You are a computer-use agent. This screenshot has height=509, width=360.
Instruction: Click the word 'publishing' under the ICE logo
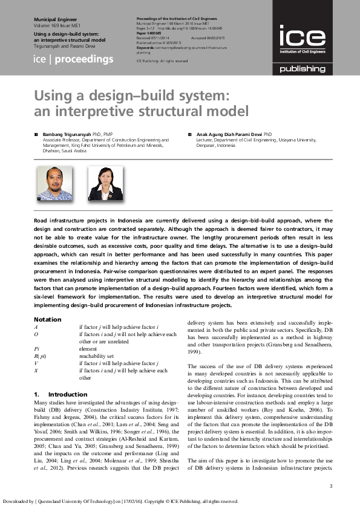pyautogui.click(x=302, y=69)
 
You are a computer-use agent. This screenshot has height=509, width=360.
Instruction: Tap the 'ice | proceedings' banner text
pyautogui.click(x=73, y=59)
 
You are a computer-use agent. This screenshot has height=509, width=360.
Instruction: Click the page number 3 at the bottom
pyautogui.click(x=330, y=487)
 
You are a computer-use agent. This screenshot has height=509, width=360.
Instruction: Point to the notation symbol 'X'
pyautogui.click(x=37, y=371)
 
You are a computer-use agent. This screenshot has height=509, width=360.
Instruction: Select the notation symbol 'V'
pyautogui.click(x=37, y=363)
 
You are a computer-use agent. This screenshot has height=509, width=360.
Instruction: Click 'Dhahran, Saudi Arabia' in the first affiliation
pyautogui.click(x=64, y=151)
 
